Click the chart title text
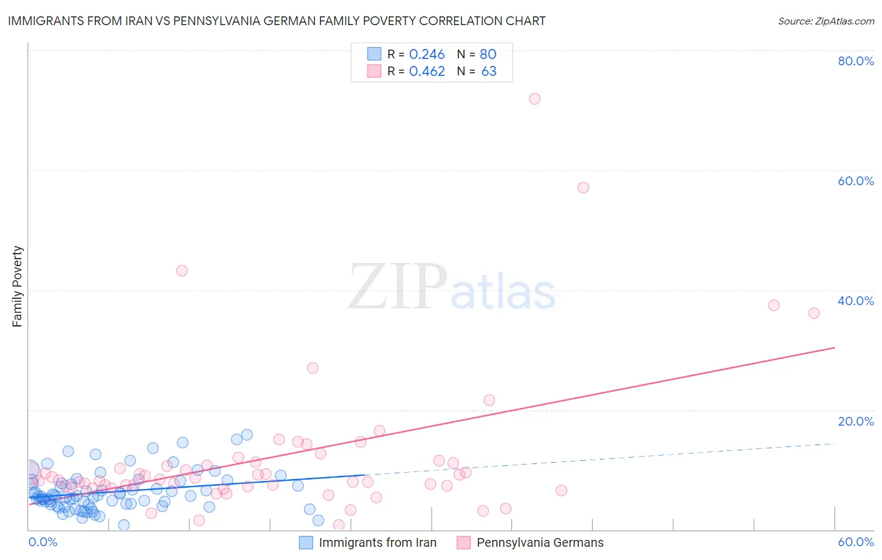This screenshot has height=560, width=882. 277,21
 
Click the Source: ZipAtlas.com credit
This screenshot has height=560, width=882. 826,21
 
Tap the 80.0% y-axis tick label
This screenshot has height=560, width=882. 856,61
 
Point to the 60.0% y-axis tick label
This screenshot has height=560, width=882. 856,181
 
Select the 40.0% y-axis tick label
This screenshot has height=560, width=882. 856,301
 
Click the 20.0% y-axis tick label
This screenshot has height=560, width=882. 856,421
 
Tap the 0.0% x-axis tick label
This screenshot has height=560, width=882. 43,542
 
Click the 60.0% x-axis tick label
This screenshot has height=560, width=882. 856,542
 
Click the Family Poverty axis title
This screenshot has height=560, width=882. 18,286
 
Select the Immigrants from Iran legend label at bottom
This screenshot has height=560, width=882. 377,542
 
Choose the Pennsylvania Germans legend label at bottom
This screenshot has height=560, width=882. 539,542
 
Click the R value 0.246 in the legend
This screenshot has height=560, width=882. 427,54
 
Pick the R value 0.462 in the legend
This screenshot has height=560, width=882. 427,71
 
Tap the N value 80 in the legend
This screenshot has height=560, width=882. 488,54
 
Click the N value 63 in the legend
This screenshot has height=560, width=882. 489,71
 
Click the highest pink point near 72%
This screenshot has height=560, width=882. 534,99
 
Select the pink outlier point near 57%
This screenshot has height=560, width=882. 583,187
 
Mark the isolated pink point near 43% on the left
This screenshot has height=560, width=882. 182,271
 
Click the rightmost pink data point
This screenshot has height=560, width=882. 814,313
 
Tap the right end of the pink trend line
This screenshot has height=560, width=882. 834,347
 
